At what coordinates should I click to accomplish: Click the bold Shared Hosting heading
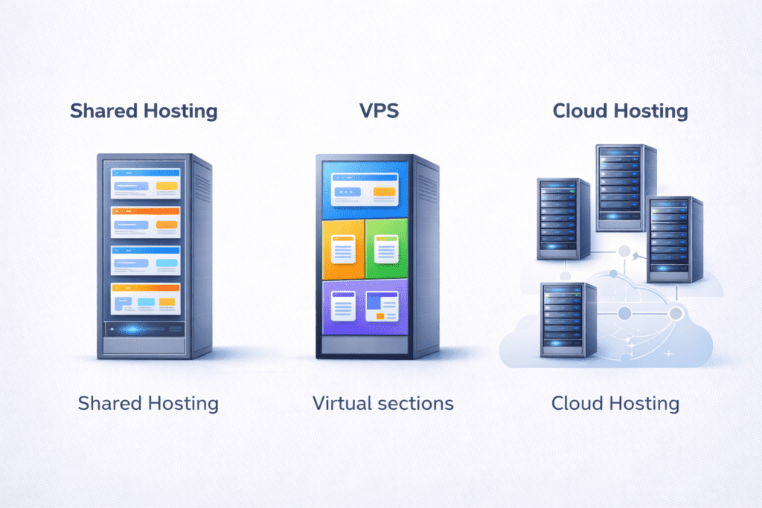pos(144,111)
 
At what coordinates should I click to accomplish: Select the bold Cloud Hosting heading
pos(620,111)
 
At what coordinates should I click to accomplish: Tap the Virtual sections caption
pos(382,403)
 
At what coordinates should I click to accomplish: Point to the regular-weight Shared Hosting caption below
pos(148,403)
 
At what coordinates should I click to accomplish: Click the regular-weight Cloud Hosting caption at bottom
pos(615,403)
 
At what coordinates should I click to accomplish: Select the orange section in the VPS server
pos(343,248)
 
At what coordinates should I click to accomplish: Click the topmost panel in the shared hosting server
pos(146,183)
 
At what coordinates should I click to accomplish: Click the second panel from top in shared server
pos(146,222)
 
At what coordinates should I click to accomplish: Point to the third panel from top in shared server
pos(146,260)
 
